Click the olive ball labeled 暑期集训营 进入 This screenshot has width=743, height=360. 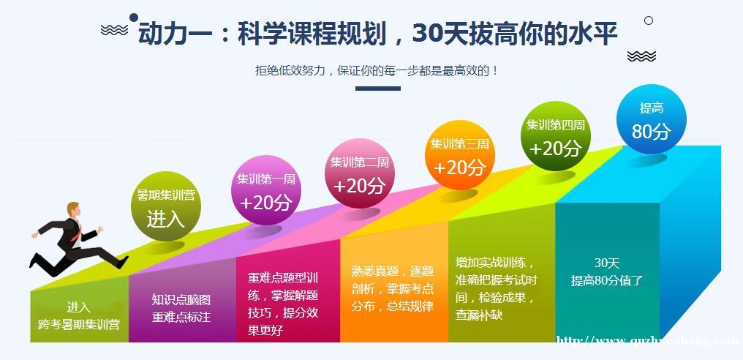coord(166,206)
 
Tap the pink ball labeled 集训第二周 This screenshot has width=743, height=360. coord(360,173)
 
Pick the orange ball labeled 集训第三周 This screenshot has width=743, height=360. coord(460,155)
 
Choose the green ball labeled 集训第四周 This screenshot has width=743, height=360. coord(555,136)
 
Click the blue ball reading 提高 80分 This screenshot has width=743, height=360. coord(652,119)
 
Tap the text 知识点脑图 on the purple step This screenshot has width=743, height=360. coord(181,300)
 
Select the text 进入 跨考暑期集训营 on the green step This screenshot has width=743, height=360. coord(79,316)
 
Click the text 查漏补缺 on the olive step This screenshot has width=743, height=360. coord(479,315)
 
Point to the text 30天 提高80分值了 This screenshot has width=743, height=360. coord(606,271)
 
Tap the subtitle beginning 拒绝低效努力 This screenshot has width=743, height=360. coord(377,71)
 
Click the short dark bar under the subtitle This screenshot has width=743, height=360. coord(377,89)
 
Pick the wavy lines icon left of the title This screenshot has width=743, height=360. coord(114,30)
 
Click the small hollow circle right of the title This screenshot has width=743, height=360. coord(649,20)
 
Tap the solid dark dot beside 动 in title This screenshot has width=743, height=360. coord(134,18)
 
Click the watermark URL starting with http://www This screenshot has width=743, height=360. coord(647,340)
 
